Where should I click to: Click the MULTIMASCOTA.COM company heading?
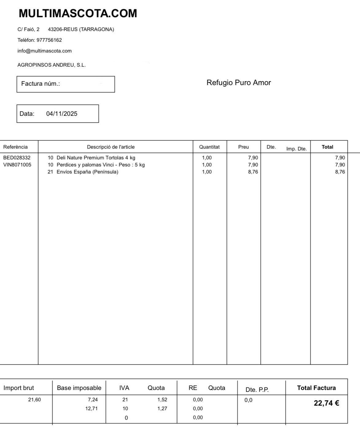78,14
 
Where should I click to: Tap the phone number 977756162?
49,40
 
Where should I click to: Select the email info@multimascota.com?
45,51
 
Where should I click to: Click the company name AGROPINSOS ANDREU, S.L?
52,65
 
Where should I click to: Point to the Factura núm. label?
41,84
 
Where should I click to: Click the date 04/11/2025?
62,114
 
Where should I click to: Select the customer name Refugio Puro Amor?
238,83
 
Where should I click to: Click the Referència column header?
15,147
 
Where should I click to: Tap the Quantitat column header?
209,147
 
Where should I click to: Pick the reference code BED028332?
17,158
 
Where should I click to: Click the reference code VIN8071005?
17,165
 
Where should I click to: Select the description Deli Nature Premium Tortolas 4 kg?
96,158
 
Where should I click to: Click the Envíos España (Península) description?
87,172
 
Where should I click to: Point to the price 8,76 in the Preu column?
253,172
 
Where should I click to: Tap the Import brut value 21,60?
34,400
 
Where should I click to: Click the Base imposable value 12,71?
91,409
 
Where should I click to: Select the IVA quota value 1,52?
162,400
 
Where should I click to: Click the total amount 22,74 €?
326,403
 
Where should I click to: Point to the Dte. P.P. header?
257,390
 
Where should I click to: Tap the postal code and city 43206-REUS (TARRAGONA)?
81,29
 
